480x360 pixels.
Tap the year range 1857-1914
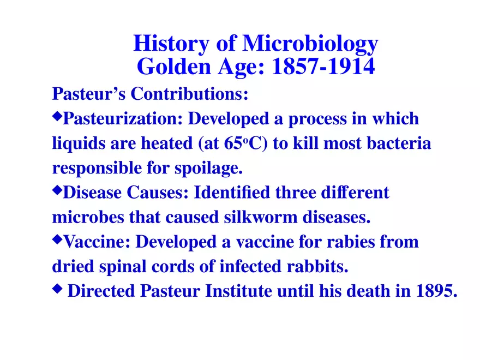323,67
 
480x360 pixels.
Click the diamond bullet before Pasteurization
57,116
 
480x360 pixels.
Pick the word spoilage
213,169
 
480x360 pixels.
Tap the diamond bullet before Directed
57,289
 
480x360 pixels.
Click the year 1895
436,291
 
